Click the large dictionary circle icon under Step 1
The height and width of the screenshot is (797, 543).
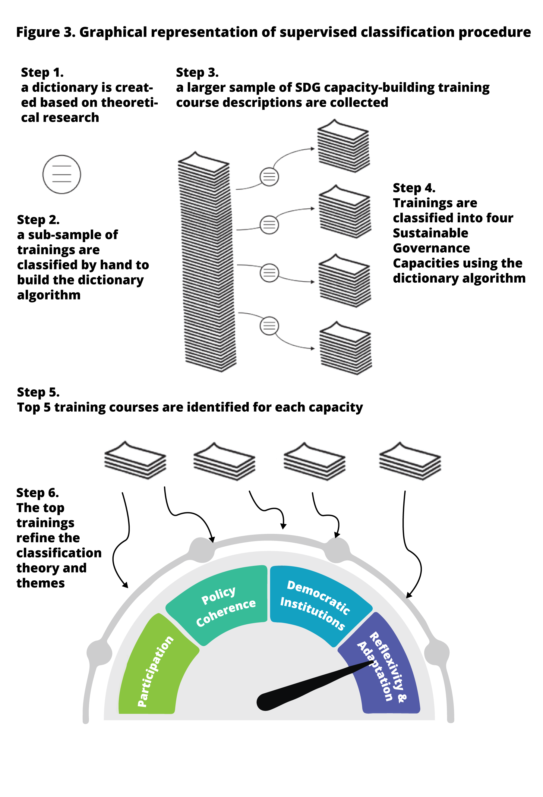62,174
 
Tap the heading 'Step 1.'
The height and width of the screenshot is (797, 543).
42,72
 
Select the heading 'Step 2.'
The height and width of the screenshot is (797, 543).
38,219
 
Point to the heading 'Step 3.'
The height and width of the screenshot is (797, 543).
197,72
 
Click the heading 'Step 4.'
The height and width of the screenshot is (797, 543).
414,188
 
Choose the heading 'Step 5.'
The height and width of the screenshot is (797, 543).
38,392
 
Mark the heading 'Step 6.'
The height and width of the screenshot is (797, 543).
37,492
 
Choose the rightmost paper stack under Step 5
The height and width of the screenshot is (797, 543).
410,461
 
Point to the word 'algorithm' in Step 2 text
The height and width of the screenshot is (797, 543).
49,295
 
